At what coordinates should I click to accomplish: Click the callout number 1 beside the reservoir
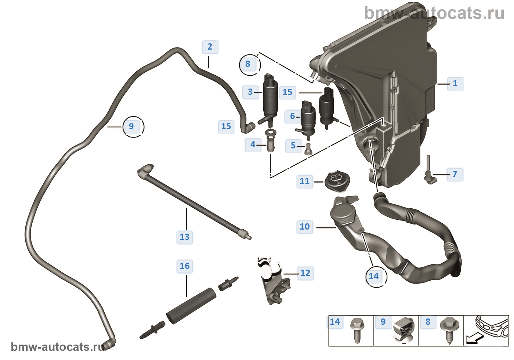point(455,83)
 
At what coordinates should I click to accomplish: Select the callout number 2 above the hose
point(210,47)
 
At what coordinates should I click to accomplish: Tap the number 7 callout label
point(455,174)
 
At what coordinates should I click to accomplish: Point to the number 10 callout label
point(305,227)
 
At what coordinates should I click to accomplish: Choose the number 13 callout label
point(185,237)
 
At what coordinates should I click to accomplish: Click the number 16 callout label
point(185,266)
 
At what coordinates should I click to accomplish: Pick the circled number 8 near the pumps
point(248,64)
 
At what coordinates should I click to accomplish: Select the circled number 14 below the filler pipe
point(374,276)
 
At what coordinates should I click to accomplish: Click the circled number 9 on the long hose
point(131,126)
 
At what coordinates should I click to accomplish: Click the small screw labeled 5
point(308,149)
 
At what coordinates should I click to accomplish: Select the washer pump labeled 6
point(308,118)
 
